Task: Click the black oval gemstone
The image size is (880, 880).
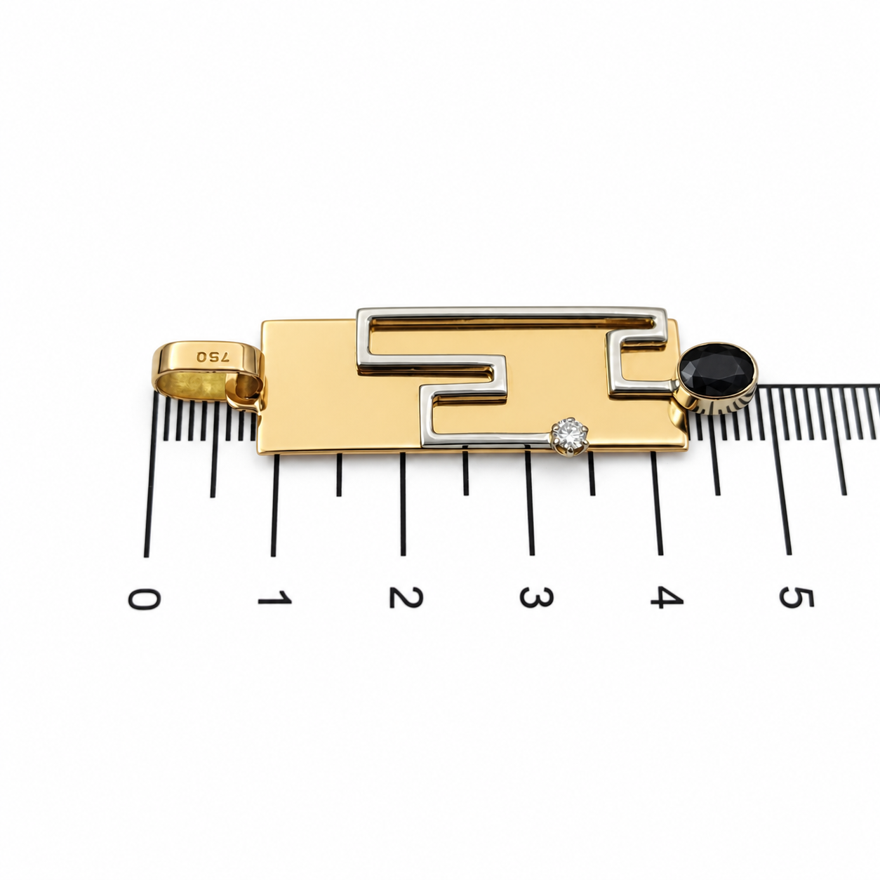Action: (715, 368)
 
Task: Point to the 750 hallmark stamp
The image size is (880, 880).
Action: (212, 358)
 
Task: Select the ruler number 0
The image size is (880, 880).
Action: (144, 598)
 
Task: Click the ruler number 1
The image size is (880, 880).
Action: (274, 598)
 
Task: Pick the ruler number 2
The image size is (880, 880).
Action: (406, 597)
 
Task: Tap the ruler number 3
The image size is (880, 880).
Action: (537, 597)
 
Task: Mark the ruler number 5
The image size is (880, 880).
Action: (797, 598)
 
